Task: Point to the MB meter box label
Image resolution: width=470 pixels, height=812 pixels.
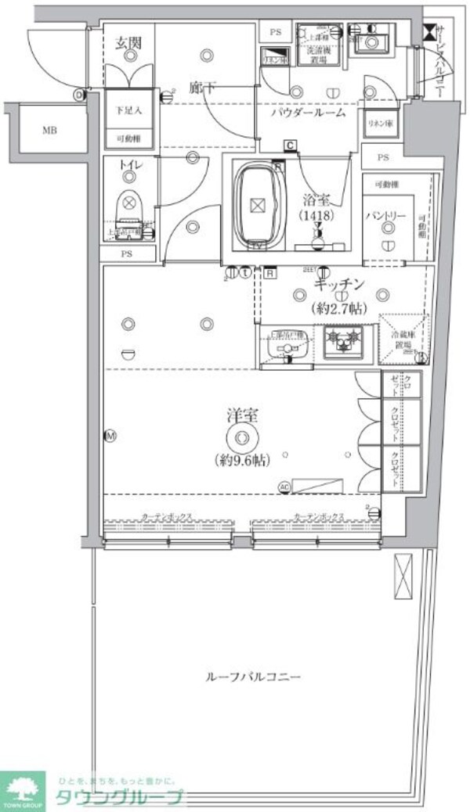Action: [x=49, y=131]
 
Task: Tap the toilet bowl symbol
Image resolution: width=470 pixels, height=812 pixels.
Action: [x=128, y=208]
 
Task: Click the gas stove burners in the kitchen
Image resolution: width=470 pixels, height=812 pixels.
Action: [x=342, y=340]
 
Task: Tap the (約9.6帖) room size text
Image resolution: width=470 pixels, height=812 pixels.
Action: [x=241, y=460]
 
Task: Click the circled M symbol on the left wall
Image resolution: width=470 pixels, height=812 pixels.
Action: [x=110, y=436]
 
